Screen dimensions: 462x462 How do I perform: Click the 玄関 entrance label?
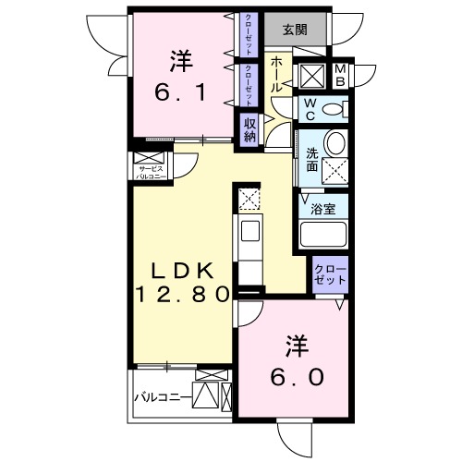pos(296,28)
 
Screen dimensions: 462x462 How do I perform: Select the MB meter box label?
pos(339,75)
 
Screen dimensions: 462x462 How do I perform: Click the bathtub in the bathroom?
pos(323,233)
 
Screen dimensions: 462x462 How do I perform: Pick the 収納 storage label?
pos(250,129)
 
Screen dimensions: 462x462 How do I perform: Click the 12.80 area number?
pos(183,296)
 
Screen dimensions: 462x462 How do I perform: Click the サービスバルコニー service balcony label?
pos(151,171)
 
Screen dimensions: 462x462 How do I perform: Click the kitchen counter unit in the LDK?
pos(249,240)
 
